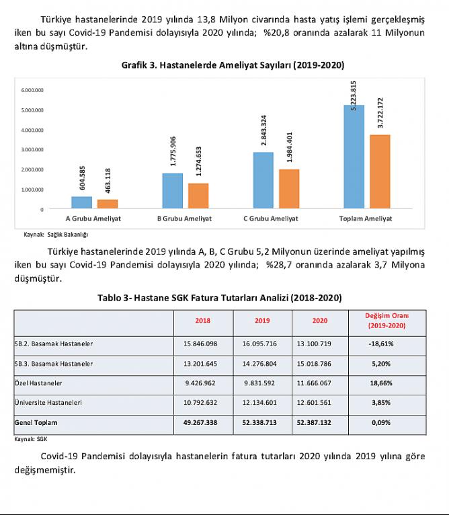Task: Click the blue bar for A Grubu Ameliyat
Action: click(82, 202)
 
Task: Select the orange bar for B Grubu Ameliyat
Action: click(198, 196)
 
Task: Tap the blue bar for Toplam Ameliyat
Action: click(354, 157)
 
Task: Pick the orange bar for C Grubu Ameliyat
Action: click(289, 189)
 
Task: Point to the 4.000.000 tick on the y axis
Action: click(32, 130)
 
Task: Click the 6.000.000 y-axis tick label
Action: click(32, 90)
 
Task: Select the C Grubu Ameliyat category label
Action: click(271, 219)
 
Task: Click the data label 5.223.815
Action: click(354, 96)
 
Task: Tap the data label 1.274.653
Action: click(198, 161)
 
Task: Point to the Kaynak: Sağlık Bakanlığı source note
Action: click(56, 235)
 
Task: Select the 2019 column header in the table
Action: click(262, 321)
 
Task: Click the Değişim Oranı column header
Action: click(387, 321)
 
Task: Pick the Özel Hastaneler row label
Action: click(38, 383)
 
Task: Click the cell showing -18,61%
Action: click(381, 344)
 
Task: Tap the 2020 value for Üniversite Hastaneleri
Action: click(314, 403)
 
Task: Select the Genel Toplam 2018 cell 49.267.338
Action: click(200, 423)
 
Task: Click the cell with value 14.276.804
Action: click(259, 364)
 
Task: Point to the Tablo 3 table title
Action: click(220, 298)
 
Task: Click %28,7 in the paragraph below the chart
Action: click(278, 265)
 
